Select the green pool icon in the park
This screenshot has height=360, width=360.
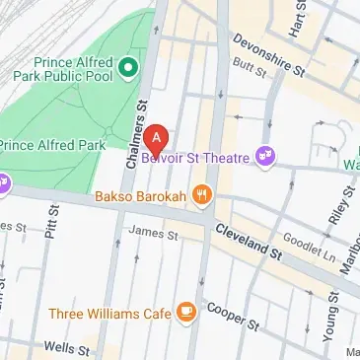pos(128,68)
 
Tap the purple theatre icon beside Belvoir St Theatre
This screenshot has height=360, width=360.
pos(264,155)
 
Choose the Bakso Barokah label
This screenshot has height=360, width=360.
pos(140,195)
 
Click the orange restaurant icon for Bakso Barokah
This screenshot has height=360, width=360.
pos(202,194)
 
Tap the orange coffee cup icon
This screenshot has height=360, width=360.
pos(184,313)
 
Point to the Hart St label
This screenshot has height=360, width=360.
pos(291,18)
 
